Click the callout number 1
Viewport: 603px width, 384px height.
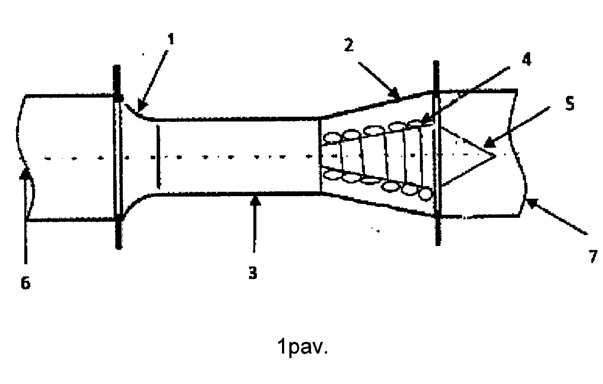(x=171, y=39)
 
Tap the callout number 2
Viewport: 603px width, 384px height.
(x=349, y=45)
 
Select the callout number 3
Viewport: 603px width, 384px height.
(x=253, y=273)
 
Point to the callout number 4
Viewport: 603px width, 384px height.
(x=527, y=59)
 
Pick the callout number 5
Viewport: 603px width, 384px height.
(x=570, y=104)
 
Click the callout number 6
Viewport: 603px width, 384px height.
(x=26, y=283)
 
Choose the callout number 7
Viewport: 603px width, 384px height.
(x=593, y=256)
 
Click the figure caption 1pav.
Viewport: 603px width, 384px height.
(x=302, y=347)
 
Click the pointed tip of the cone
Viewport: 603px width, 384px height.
(x=496, y=156)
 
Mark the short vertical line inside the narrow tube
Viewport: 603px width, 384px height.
(x=158, y=156)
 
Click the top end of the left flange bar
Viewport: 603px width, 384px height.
(x=117, y=66)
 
